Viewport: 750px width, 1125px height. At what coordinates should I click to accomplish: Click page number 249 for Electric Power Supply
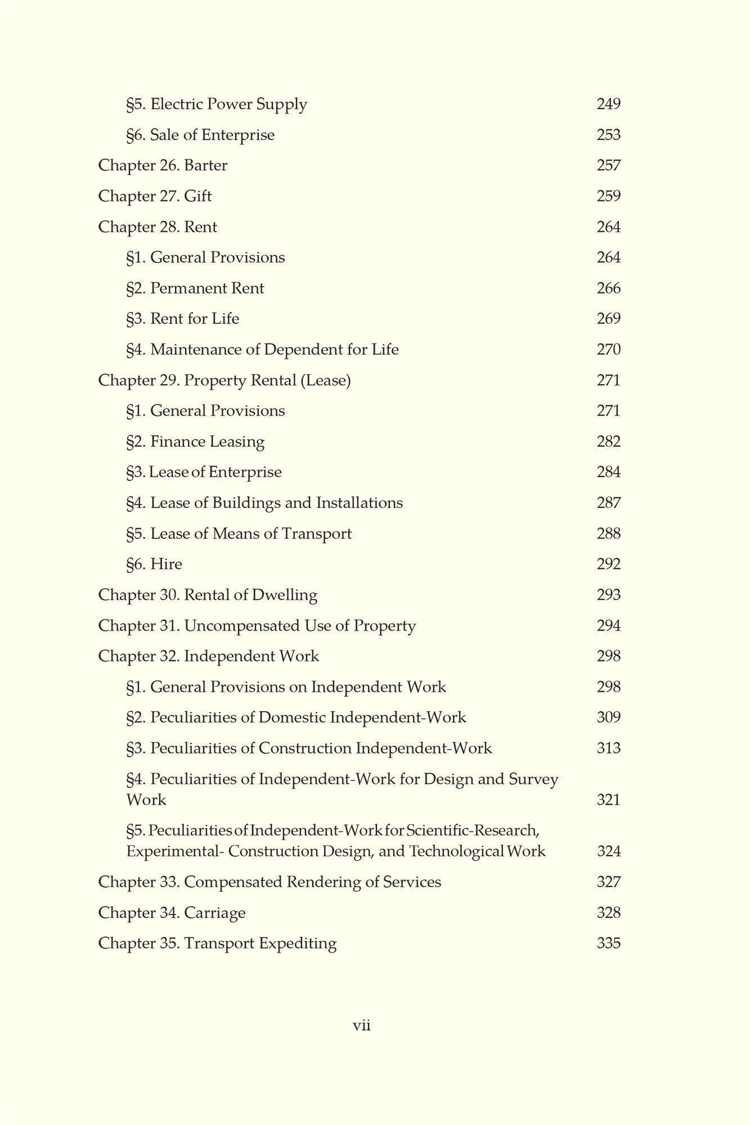pos(608,104)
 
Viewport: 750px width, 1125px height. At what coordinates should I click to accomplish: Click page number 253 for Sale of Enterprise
pos(608,135)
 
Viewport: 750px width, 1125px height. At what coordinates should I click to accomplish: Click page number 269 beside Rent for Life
pos(608,319)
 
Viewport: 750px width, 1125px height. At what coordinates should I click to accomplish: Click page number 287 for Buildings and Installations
pos(608,503)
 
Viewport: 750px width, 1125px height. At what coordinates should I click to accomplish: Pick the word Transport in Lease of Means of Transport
pos(317,534)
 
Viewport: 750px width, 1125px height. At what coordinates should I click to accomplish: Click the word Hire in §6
pos(166,564)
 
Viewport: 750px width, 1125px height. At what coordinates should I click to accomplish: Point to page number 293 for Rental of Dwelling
pos(608,595)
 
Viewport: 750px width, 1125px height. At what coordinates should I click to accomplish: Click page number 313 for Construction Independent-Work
pos(608,749)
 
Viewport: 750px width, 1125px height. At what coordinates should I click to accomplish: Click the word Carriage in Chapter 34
pos(214,913)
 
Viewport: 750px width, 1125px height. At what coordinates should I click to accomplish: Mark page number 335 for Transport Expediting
pos(608,943)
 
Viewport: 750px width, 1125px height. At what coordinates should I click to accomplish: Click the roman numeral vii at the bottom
pos(362,1026)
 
